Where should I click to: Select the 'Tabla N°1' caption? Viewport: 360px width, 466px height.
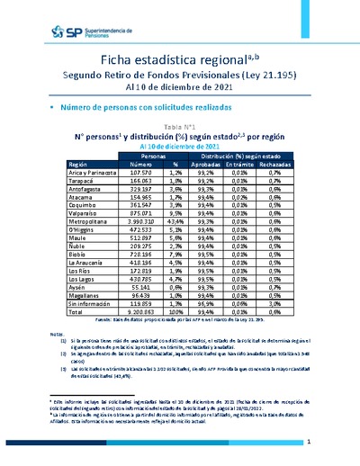point(180,128)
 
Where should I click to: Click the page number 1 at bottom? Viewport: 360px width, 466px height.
point(308,443)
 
